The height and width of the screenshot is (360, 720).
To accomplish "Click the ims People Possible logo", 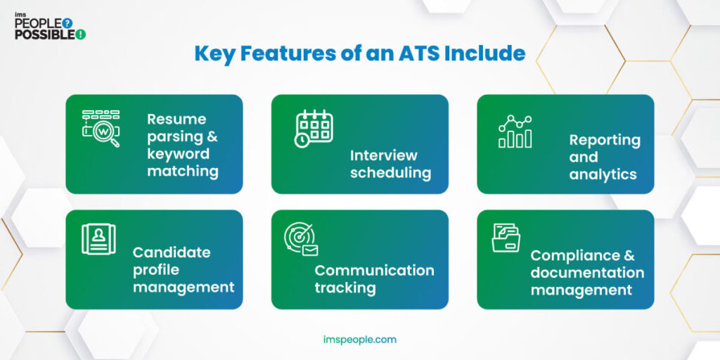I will tap(49, 25).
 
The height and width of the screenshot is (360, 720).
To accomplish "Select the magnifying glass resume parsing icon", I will tap(101, 128).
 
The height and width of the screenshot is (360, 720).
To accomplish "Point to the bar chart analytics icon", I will tap(515, 132).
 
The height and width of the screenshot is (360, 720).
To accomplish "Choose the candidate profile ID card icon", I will tap(98, 239).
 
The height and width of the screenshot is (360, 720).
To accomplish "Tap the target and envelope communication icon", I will tap(301, 240).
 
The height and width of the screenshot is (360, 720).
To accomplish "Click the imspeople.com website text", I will tap(360, 340).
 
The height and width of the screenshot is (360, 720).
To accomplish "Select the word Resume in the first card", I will tap(176, 119).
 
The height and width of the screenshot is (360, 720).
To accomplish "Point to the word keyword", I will tap(178, 153).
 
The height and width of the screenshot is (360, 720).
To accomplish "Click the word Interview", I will tap(383, 155).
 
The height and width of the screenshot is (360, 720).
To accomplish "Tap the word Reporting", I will tap(605, 139).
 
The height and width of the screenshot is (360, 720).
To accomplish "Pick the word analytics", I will tap(603, 174).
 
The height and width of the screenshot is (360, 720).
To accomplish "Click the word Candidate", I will tap(172, 252).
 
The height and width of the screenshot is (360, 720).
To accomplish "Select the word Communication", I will tap(374, 270).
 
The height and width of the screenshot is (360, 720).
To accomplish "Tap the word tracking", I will tap(345, 288).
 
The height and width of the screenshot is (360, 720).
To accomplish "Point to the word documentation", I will tap(587, 272).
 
